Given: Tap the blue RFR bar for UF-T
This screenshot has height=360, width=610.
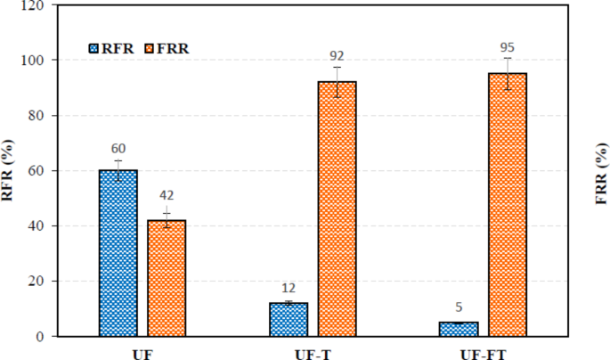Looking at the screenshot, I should [x=288, y=319].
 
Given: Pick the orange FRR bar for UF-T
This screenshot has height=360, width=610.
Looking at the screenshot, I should [x=337, y=209].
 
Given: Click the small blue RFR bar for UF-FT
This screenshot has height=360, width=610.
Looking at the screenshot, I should [x=459, y=329].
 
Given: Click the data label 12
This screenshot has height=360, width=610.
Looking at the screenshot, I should [x=288, y=289].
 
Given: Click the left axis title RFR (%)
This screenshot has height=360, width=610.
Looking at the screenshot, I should [x=9, y=170].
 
